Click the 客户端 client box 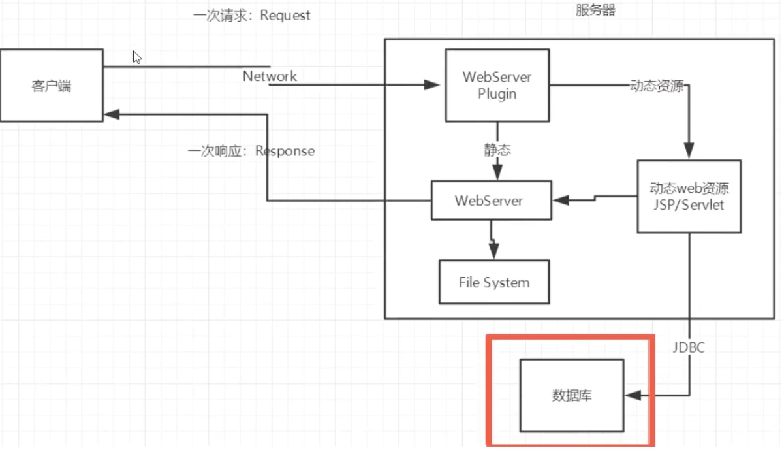click(x=51, y=86)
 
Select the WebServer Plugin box click(x=497, y=85)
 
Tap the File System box click(x=493, y=282)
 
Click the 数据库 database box click(x=571, y=395)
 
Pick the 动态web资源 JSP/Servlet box click(x=689, y=196)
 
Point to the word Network click(x=270, y=76)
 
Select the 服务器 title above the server click(x=595, y=10)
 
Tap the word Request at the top click(x=285, y=16)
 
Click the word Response click(x=285, y=152)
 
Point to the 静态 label click(x=497, y=150)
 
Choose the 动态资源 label click(x=656, y=86)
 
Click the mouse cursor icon click(x=137, y=57)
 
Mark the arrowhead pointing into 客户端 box click(x=110, y=114)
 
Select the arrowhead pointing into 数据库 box click(x=631, y=395)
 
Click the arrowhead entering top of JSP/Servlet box click(x=689, y=152)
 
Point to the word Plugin click(x=497, y=93)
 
